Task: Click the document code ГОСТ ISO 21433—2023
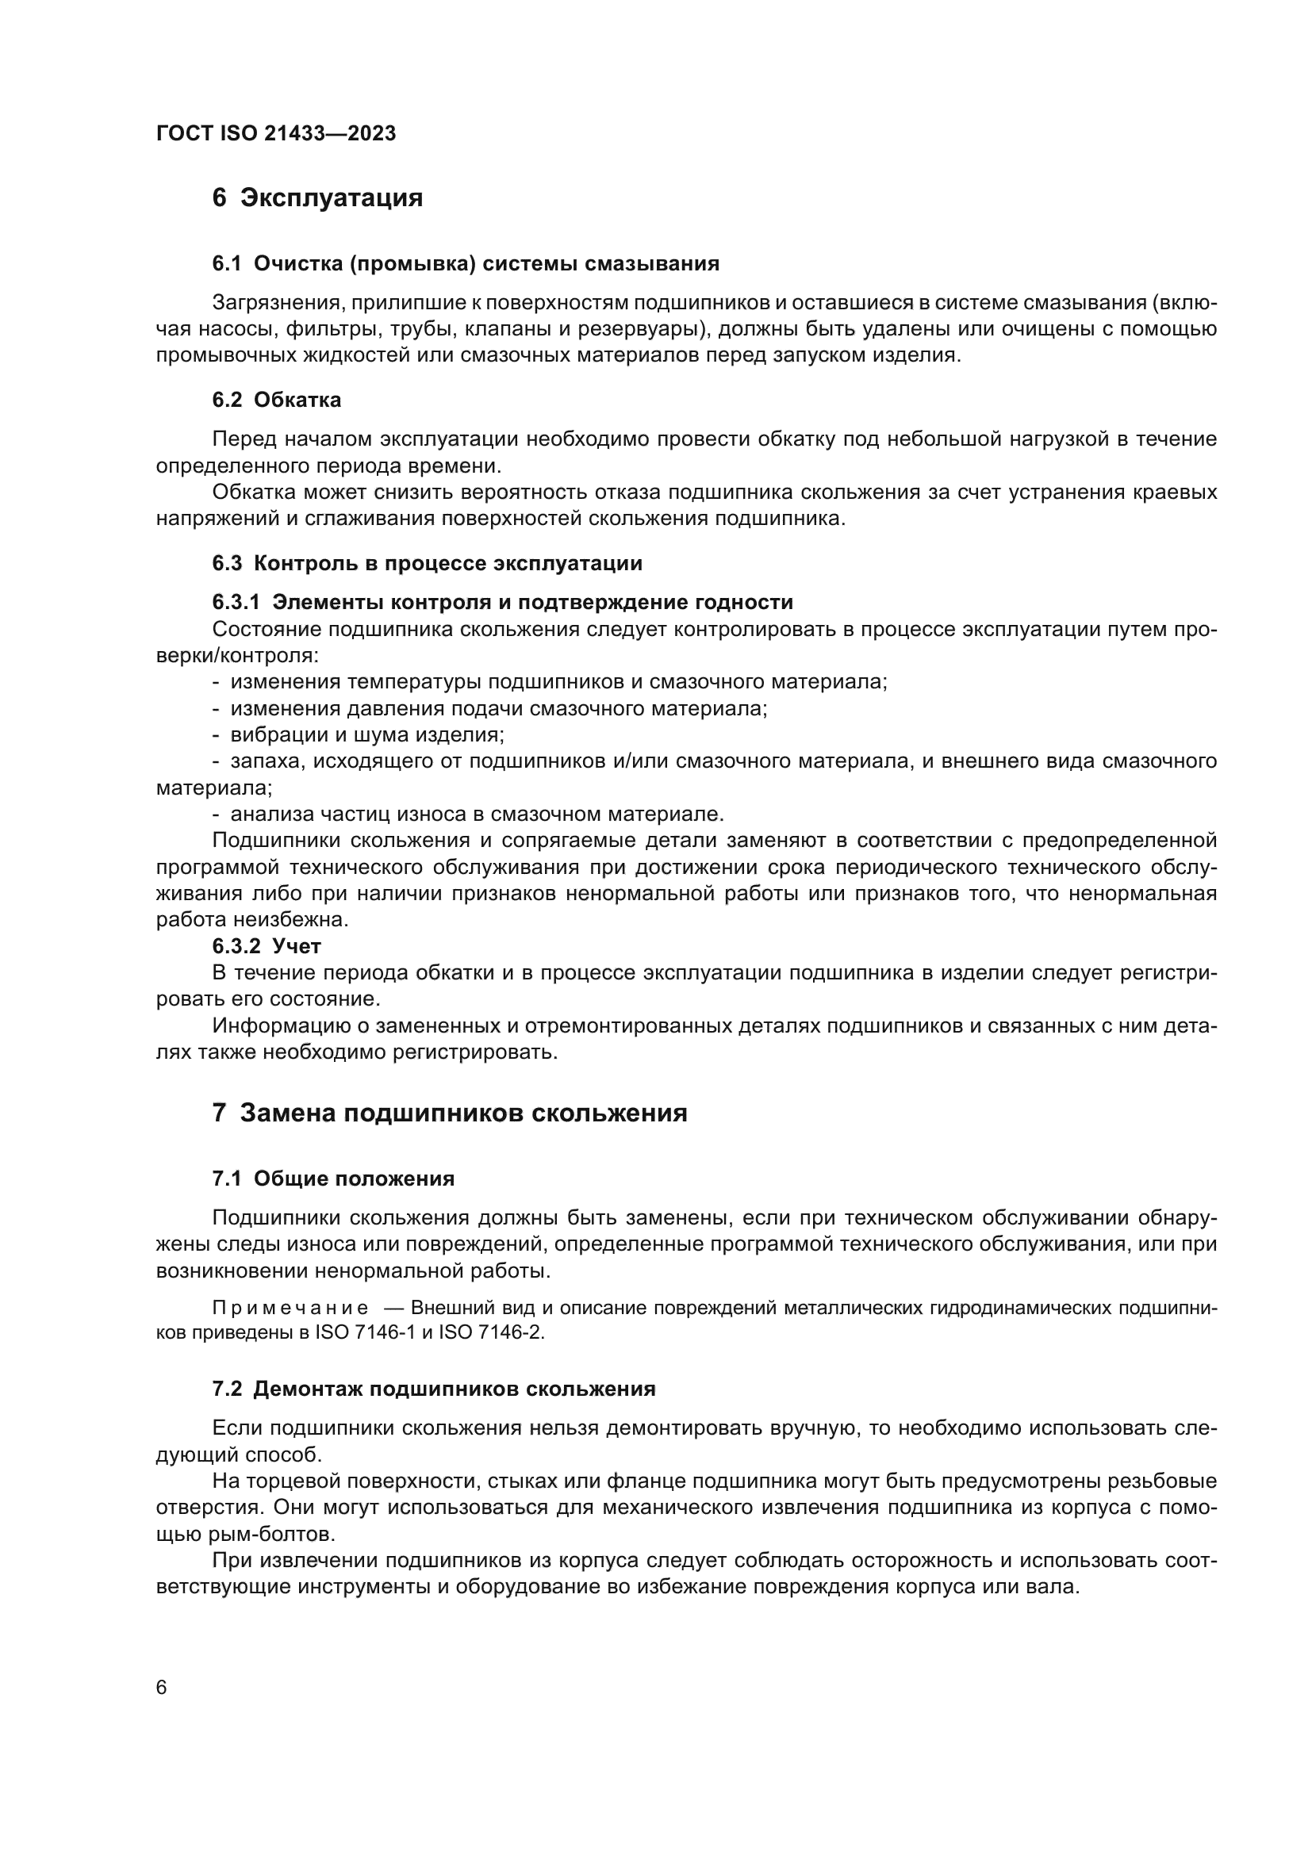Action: coord(275,134)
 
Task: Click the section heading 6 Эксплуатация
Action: coord(317,198)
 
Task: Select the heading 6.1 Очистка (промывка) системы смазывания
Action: coord(466,263)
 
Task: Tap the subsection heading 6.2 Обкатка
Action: coord(276,400)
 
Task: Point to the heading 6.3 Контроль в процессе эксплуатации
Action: coord(427,563)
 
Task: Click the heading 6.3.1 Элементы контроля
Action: coord(501,602)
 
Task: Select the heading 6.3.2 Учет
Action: coord(267,945)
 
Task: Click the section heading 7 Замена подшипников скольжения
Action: coord(449,1113)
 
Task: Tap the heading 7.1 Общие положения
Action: coord(333,1179)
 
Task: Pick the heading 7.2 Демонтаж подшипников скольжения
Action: coord(433,1389)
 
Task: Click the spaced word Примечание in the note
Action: coord(291,1308)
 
